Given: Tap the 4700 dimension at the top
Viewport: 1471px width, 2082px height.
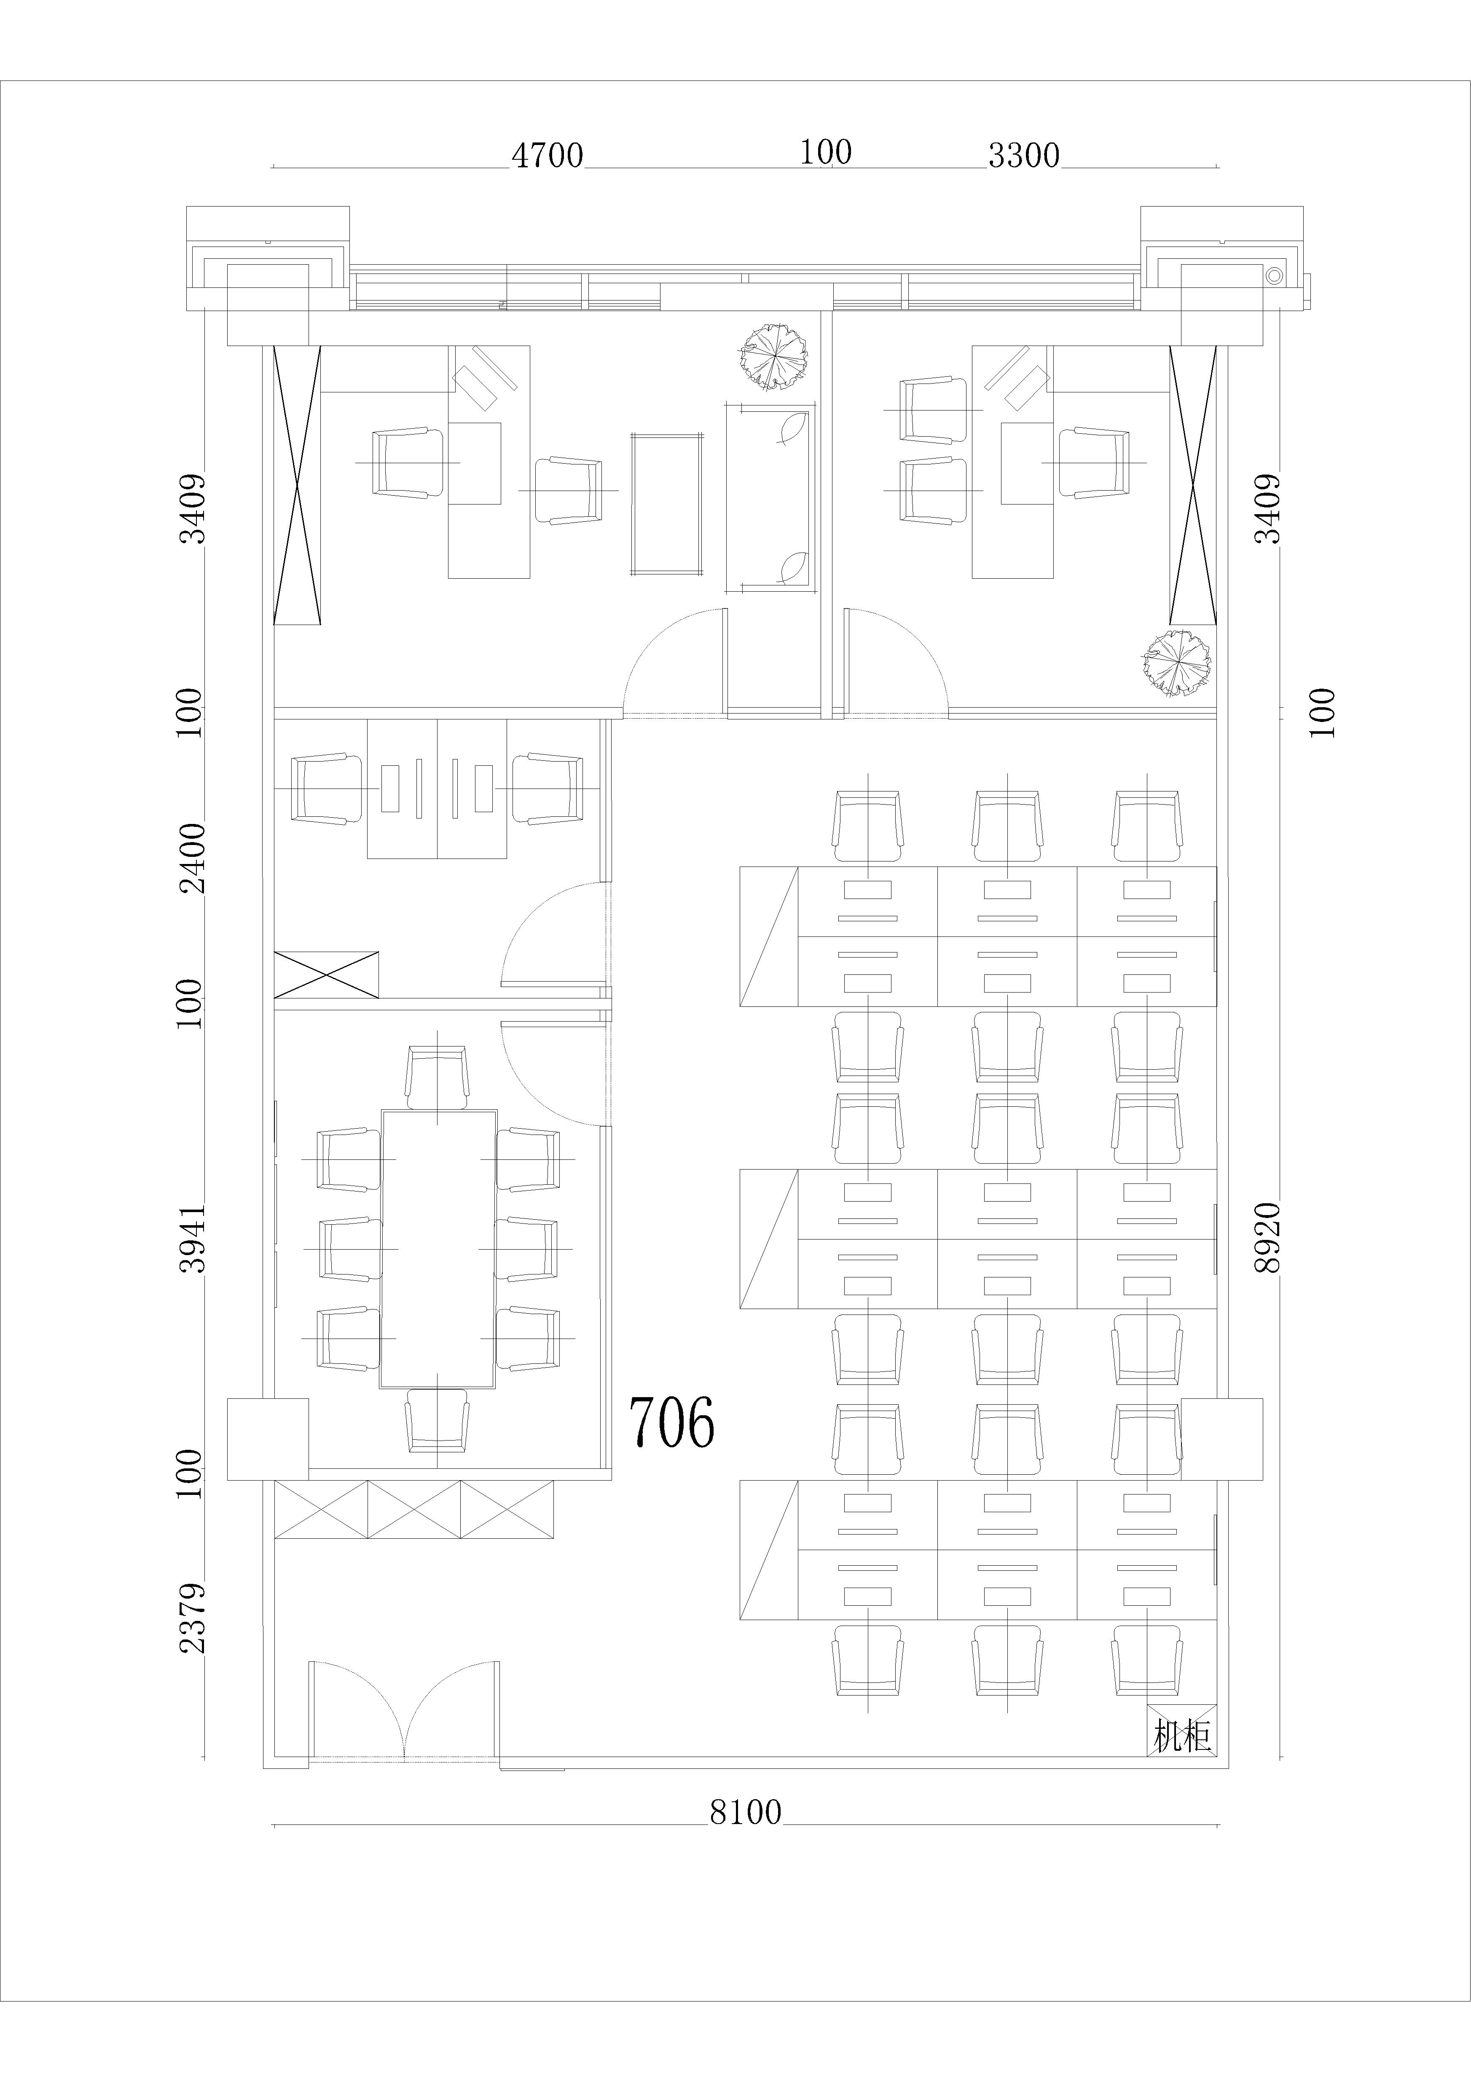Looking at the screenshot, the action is pos(547,155).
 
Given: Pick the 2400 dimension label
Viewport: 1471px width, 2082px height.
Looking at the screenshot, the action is pos(192,858).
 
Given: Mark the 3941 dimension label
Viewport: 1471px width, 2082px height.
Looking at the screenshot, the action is pos(192,1239).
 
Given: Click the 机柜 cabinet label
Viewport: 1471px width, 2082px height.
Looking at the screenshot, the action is pos(1182,1736).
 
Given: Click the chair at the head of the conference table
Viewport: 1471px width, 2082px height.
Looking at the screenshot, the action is pos(437,1077).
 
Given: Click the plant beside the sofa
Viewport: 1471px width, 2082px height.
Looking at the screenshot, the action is pos(773,357).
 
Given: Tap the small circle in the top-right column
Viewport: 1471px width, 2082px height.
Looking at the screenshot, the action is pos(1274,274).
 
